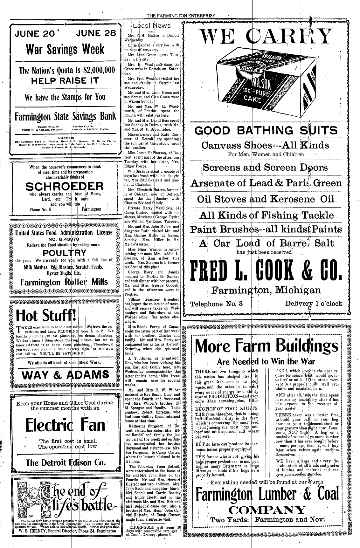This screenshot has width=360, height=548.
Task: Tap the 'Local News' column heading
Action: (x=152, y=26)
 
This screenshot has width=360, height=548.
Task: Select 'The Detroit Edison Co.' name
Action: (x=66, y=462)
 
